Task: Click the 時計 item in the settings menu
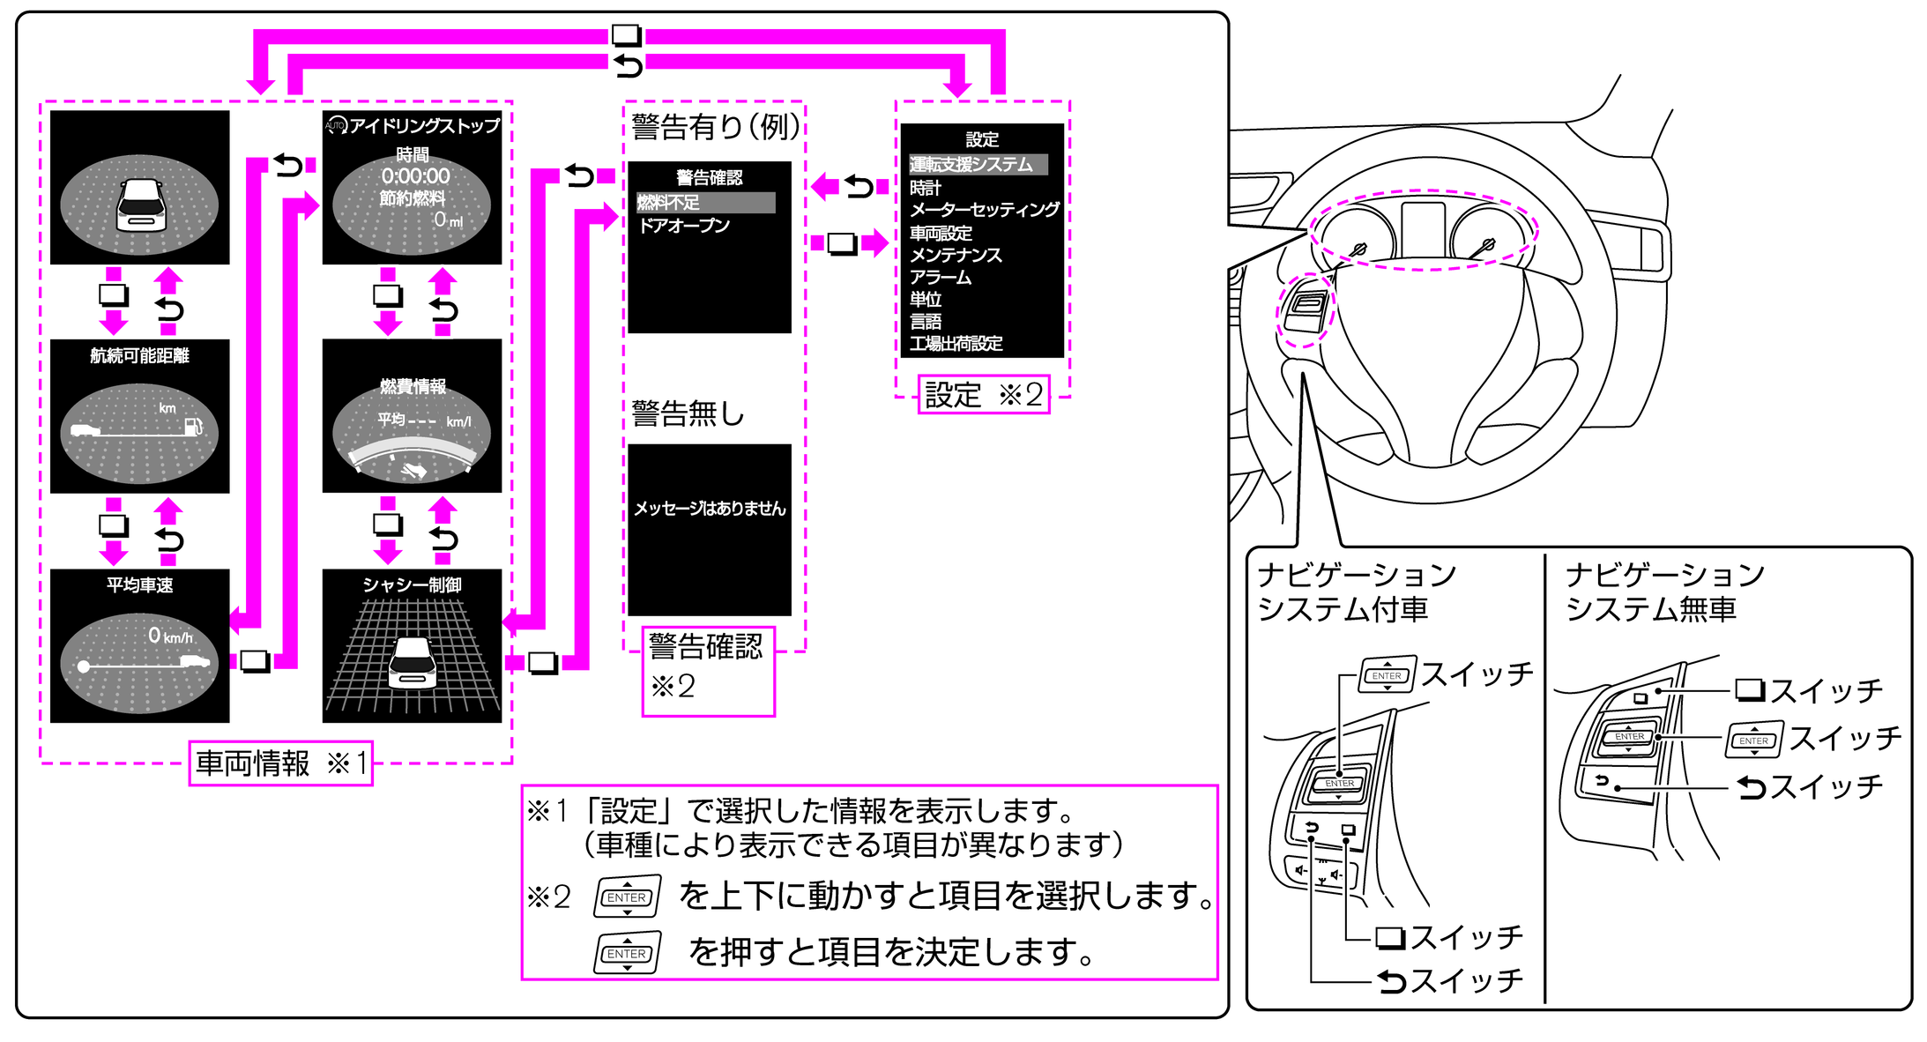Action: pos(925,188)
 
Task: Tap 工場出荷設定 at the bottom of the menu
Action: pos(956,343)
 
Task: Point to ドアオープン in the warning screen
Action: pos(684,226)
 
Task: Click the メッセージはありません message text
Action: pos(710,509)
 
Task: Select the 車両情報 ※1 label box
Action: pos(280,763)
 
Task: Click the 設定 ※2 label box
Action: pos(983,394)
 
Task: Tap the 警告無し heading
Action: pos(688,413)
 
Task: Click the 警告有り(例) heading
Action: pos(715,127)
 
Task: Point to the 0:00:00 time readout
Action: pos(415,176)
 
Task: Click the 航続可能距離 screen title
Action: pos(139,355)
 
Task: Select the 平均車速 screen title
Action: pos(139,584)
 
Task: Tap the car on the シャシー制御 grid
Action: pos(413,663)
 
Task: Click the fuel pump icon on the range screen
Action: pos(193,427)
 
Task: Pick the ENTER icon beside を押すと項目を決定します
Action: pos(627,954)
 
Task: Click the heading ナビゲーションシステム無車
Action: pos(1663,592)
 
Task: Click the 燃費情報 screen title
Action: pos(413,386)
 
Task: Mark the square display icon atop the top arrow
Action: pos(626,35)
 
